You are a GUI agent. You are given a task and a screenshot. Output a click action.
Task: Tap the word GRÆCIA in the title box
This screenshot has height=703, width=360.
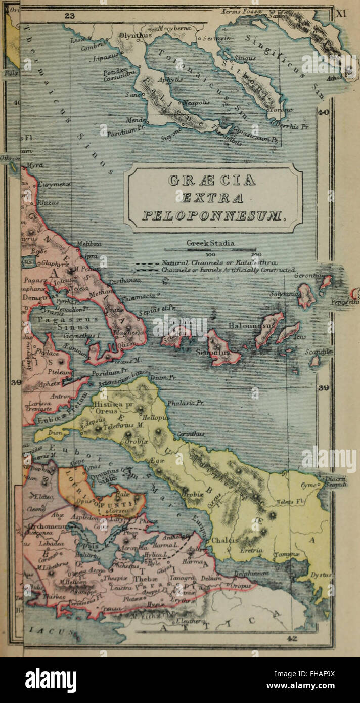pyautogui.click(x=213, y=180)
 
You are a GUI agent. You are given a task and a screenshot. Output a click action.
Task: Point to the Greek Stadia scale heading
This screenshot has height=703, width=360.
pyautogui.click(x=210, y=243)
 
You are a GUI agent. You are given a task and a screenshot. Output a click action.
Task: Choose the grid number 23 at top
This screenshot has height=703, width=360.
pyautogui.click(x=70, y=16)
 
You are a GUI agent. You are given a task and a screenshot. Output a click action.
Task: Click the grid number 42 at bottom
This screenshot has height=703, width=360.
pyautogui.click(x=292, y=639)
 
